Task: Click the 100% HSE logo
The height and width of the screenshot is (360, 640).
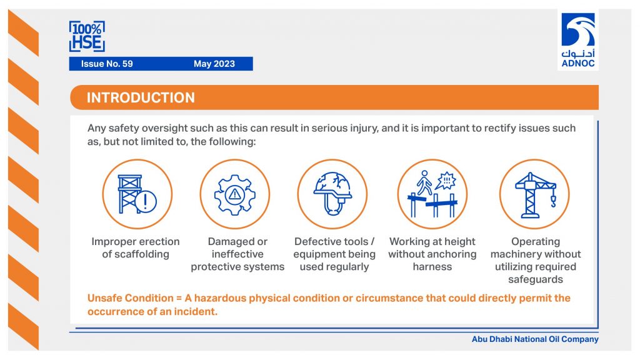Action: pos(87,36)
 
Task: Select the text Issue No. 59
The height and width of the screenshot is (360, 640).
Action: pos(107,64)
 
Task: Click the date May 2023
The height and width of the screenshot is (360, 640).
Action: pos(214,64)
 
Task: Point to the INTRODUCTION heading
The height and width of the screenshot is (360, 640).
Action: pos(141,97)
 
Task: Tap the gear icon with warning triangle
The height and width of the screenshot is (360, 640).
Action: pos(235,195)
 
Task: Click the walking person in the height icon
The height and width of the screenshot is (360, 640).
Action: pos(424,183)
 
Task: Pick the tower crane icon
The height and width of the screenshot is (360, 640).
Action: pos(535,195)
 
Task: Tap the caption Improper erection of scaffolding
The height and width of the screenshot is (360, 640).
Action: pos(136,247)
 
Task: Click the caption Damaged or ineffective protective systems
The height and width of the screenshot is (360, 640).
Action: pos(237,254)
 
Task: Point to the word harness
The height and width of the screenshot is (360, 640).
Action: pos(432,267)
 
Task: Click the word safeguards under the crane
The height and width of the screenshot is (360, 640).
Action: pos(536,279)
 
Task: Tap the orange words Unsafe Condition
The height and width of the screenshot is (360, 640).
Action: pos(130,298)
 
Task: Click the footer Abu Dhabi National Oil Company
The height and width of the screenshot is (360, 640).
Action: pos(535,339)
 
